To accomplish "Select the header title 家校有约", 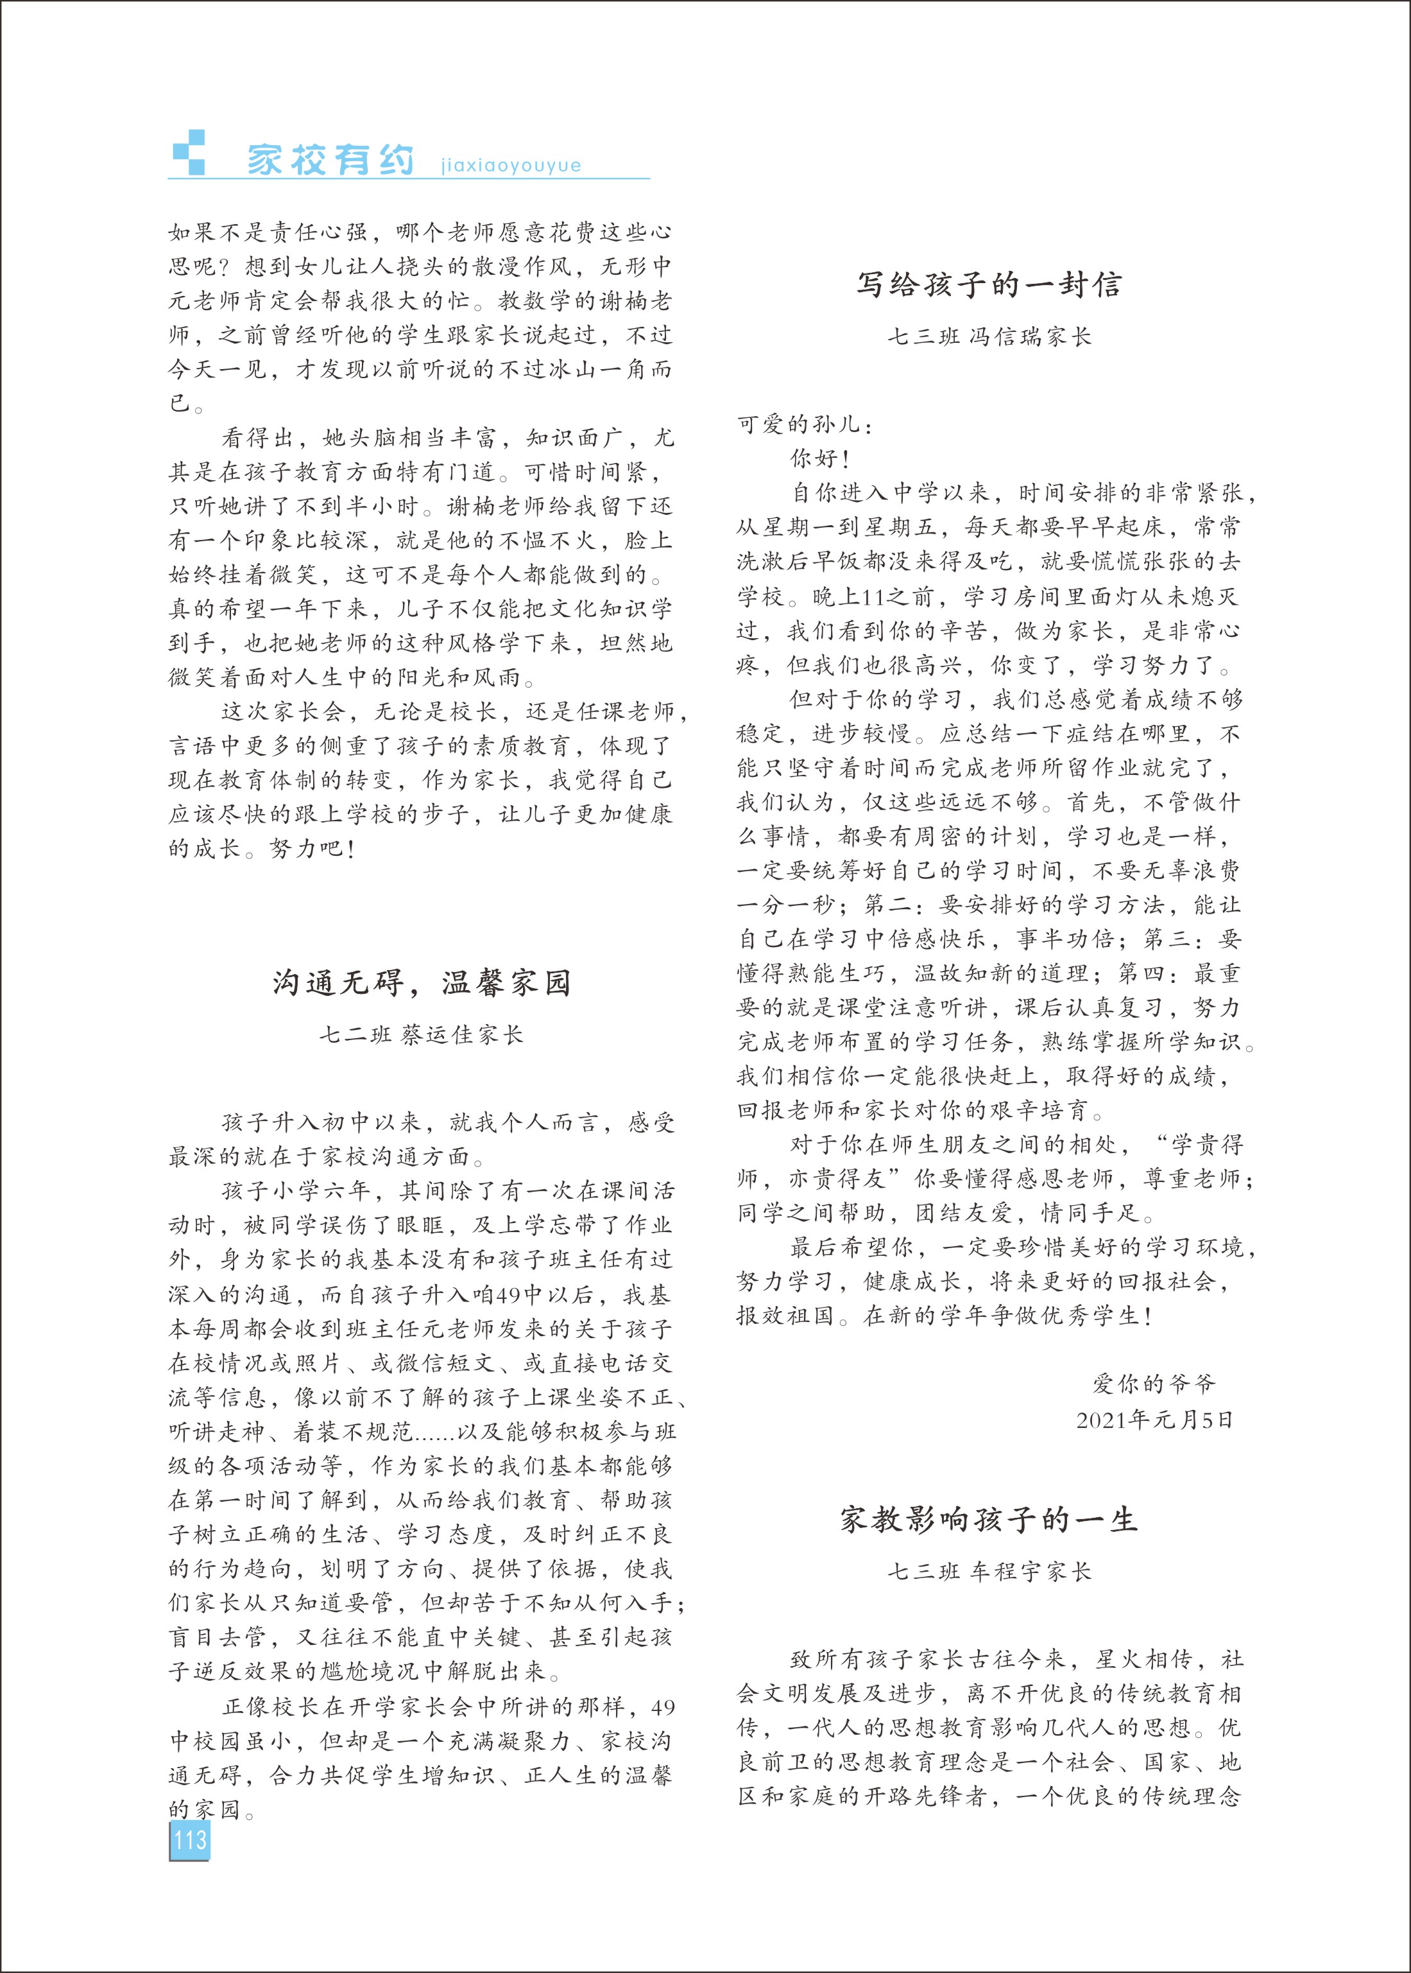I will (x=330, y=160).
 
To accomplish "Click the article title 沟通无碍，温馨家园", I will (x=422, y=982).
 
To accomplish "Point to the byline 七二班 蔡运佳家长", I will (x=422, y=1034).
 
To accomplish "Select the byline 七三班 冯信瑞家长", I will (x=989, y=336).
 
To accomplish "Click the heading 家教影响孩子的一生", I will (x=989, y=1519).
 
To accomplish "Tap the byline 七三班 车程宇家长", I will (x=989, y=1572).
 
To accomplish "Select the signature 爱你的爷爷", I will (x=1153, y=1384).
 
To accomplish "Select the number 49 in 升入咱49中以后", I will (x=508, y=1294).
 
